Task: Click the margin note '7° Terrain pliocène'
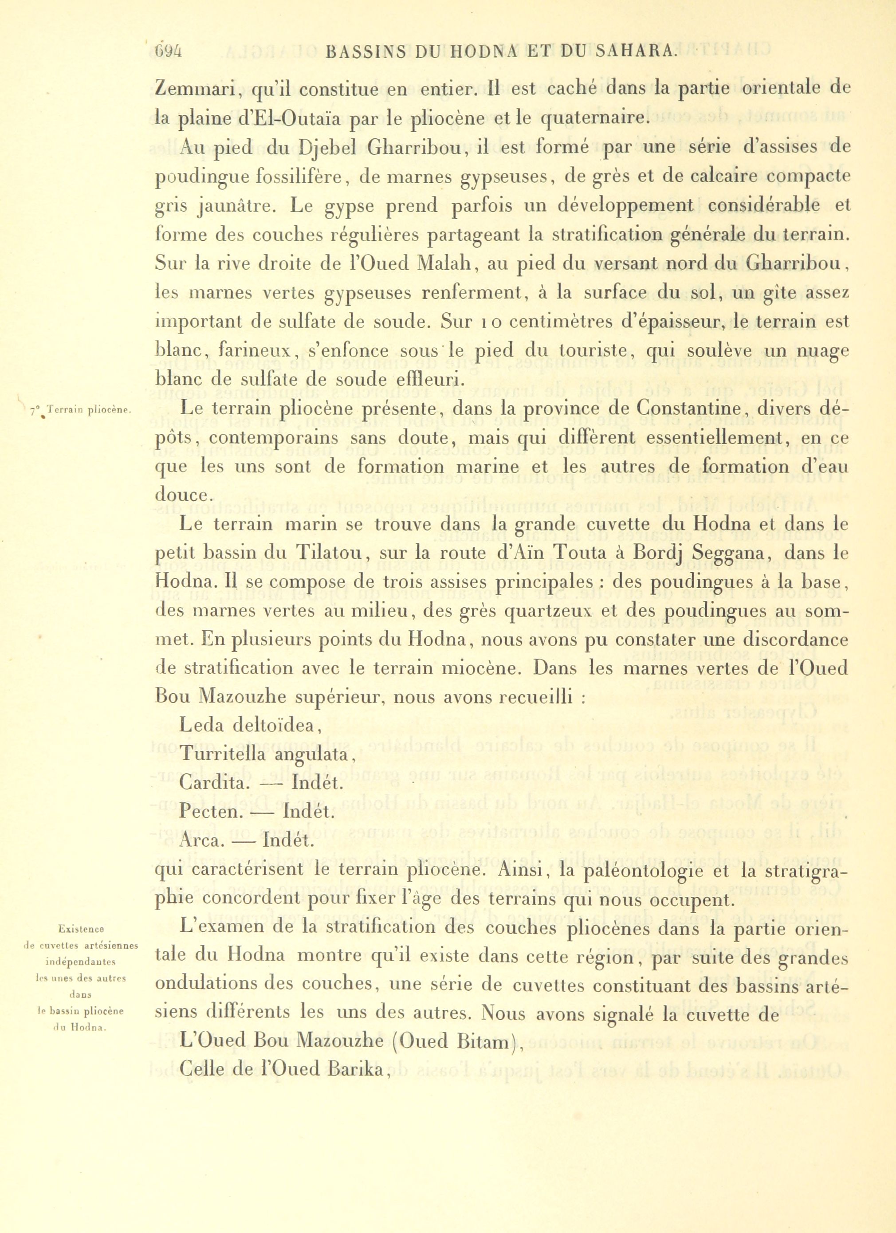pyautogui.click(x=80, y=411)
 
